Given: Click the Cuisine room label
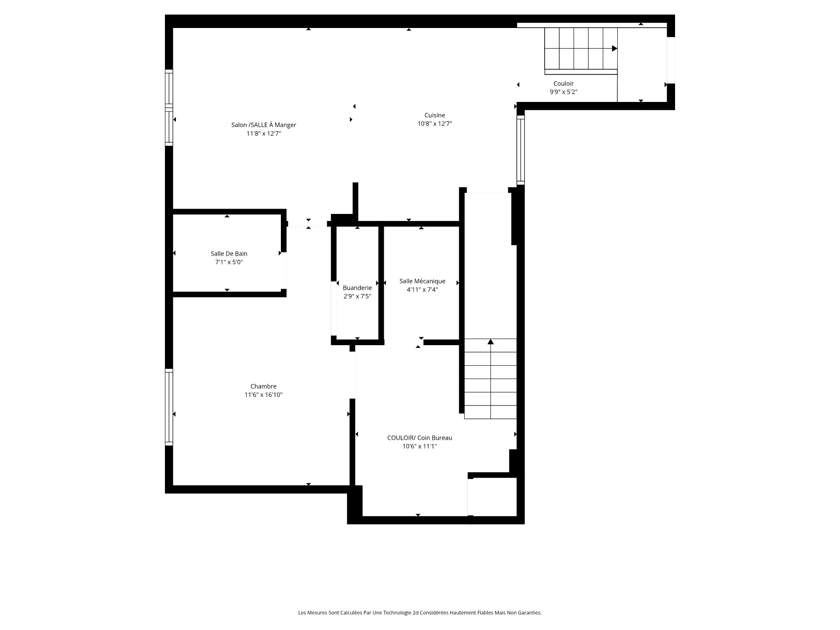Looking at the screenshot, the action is coord(434,115).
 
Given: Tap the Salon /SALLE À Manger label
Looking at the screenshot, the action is coord(264,125).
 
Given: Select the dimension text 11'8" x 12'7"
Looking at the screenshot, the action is coord(264,134).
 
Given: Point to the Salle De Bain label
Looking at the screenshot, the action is coord(229,254).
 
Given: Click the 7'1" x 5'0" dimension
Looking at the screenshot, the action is coord(229,262).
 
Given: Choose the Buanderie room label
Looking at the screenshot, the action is coord(357,288).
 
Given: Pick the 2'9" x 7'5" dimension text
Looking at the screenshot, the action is coord(357,296).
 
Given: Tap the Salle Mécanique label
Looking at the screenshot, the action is coord(422,281).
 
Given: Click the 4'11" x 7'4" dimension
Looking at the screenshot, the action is coord(422,290).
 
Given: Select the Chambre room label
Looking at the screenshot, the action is coord(263,386).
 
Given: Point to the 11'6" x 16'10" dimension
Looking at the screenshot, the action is coord(263,395).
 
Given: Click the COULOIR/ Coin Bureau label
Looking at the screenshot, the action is coord(420,438).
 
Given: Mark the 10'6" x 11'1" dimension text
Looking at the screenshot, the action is coord(420,447).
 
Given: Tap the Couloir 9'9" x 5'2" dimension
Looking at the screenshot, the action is coord(563,92).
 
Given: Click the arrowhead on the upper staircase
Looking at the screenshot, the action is coord(615,49).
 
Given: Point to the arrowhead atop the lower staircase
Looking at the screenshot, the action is coord(491,342).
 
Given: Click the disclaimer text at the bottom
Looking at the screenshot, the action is coord(420,613).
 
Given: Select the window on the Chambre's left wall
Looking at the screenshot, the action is coord(169,407).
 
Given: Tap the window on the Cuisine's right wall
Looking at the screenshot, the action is coord(521,150).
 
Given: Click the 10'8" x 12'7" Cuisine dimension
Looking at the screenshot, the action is coord(434,124).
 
